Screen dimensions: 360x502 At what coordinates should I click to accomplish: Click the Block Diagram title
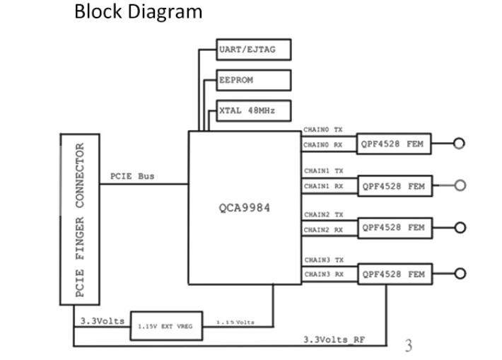point(138,12)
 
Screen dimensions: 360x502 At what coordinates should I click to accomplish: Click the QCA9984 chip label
point(244,208)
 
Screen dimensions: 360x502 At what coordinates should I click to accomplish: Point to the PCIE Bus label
point(132,176)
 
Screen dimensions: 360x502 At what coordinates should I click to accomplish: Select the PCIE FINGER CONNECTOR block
point(79,219)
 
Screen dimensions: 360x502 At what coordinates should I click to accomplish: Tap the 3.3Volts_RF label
point(334,339)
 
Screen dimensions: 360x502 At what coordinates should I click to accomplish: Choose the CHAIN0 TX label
point(323,130)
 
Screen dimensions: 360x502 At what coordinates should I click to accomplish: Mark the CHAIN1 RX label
point(323,187)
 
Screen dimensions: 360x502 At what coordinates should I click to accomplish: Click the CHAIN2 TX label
point(323,214)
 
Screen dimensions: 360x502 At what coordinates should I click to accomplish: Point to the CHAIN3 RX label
point(323,274)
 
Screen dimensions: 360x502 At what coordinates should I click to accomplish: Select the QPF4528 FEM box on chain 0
point(393,144)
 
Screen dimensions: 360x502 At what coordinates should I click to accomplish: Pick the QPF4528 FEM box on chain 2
point(393,228)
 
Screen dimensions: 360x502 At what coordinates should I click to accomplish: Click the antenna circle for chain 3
point(460,274)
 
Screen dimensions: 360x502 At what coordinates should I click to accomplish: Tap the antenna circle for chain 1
point(460,186)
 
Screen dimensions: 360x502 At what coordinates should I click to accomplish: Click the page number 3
point(408,345)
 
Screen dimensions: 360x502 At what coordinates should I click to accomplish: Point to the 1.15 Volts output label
point(235,323)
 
